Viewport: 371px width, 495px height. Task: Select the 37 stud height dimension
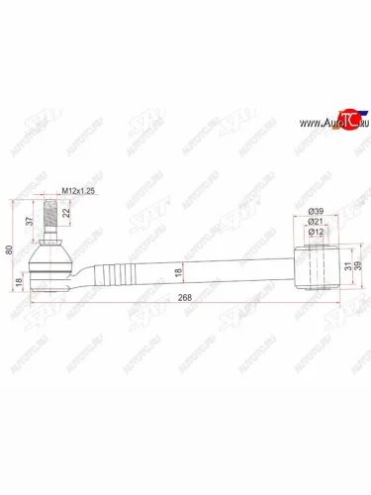(31, 221)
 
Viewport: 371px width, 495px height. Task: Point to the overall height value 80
(10, 249)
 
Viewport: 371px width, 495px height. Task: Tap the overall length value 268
(178, 304)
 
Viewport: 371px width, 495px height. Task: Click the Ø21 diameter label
(316, 224)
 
